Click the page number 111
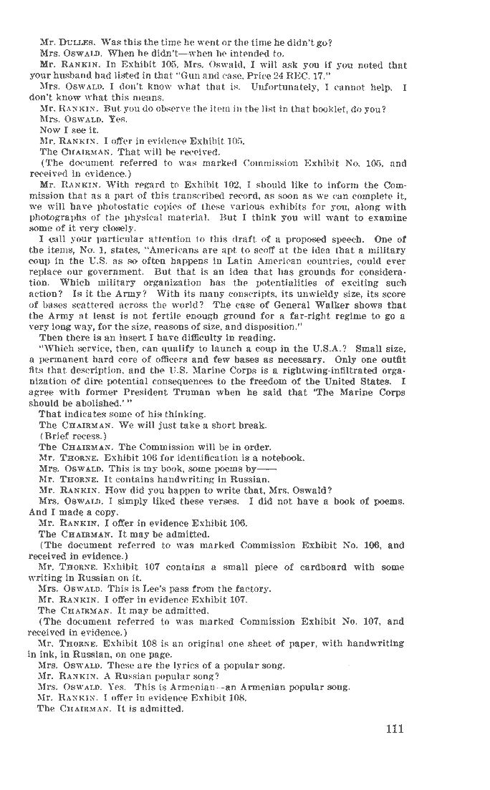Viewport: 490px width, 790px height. tap(394, 729)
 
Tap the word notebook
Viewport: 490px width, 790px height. tap(282, 458)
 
